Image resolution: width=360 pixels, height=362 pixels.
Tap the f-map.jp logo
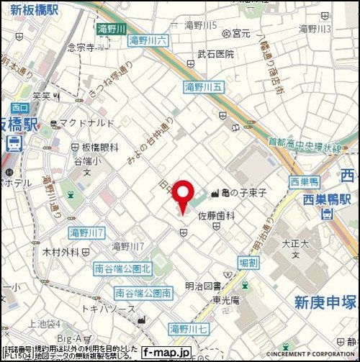click(166, 353)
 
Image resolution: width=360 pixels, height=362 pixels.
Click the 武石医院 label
click(216, 54)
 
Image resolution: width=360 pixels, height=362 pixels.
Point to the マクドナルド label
click(82, 123)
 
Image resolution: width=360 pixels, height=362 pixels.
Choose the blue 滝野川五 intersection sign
click(204, 87)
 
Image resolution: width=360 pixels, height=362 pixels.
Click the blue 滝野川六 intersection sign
click(148, 42)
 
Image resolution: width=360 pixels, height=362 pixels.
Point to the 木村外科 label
click(60, 252)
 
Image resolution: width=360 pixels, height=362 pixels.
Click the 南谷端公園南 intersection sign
click(143, 293)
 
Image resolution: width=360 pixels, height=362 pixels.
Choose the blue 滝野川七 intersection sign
click(188, 329)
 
